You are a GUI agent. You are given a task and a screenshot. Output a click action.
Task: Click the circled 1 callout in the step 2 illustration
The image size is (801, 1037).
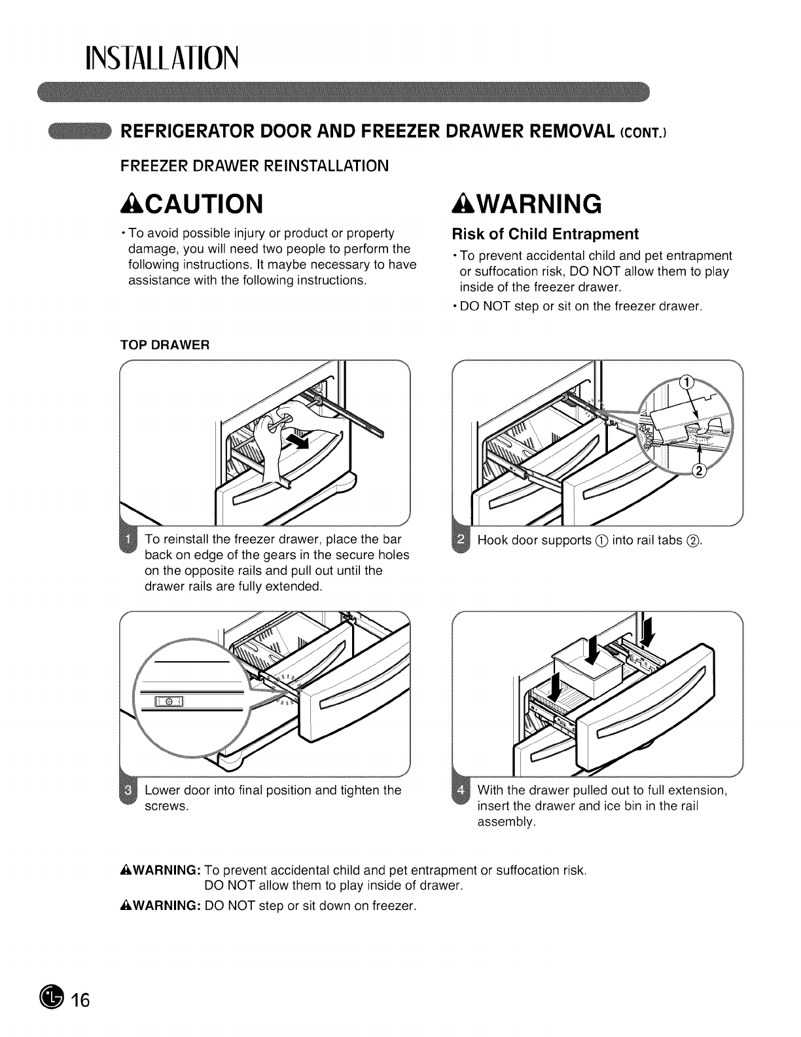[686, 384]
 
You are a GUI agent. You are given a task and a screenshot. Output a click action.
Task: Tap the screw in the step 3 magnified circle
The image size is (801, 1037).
[169, 702]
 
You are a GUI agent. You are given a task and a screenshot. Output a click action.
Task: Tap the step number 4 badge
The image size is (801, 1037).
[462, 791]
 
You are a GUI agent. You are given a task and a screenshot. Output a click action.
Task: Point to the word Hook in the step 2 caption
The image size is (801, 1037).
[492, 541]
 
